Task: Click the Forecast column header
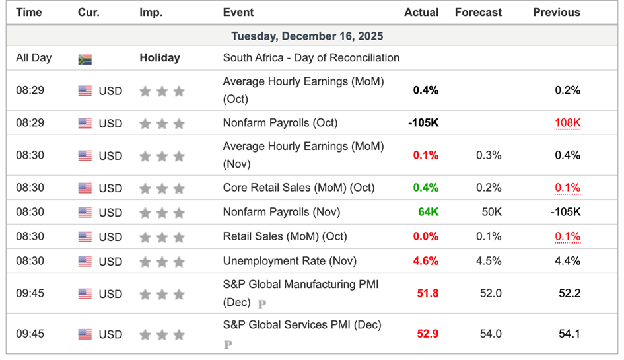click(x=478, y=12)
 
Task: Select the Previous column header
click(x=556, y=12)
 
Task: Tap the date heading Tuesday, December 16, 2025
click(x=306, y=36)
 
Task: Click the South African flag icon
click(x=85, y=59)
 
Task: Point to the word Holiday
click(x=160, y=58)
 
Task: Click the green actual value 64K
click(x=427, y=212)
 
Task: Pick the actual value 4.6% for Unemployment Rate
click(x=425, y=261)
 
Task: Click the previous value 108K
click(x=567, y=123)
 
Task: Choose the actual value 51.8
click(x=427, y=293)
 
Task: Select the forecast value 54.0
click(x=490, y=334)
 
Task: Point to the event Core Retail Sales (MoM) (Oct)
click(x=298, y=188)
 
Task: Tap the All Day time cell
click(x=33, y=58)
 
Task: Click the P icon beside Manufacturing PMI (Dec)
click(x=261, y=304)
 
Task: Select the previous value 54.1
click(x=569, y=334)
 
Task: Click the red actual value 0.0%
click(x=425, y=236)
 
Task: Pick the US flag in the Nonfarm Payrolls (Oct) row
click(x=85, y=123)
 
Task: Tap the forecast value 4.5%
click(x=488, y=261)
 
